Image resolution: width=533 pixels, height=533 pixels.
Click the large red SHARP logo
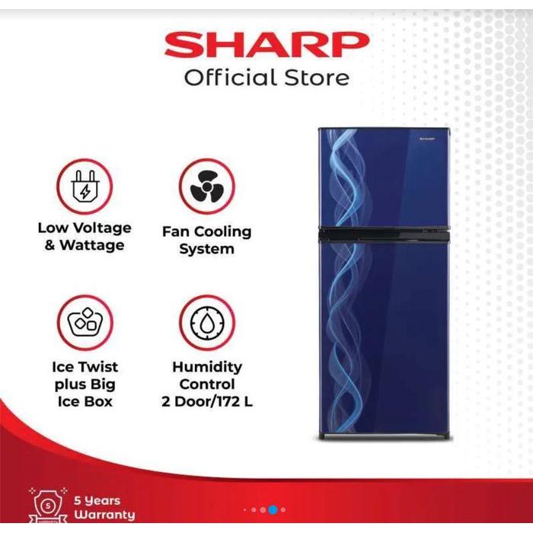tap(266, 46)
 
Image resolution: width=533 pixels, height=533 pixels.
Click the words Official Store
tap(266, 77)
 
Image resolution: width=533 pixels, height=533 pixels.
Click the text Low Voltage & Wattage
tap(85, 236)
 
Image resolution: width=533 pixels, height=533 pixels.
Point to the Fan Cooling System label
tap(206, 240)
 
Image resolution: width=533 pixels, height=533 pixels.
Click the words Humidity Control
tap(207, 375)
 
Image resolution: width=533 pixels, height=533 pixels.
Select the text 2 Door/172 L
tap(207, 401)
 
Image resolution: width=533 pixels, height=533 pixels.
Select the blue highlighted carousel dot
tap(273, 509)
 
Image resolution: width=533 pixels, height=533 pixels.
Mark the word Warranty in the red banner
tap(104, 515)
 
